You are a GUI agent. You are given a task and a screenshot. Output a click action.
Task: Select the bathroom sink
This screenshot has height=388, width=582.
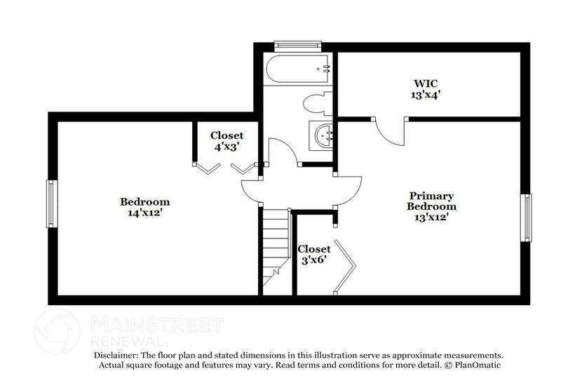point(323,134)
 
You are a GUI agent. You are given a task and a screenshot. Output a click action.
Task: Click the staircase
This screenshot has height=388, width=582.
point(276,249)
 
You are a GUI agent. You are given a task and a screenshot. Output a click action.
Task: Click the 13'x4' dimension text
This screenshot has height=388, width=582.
point(426,93)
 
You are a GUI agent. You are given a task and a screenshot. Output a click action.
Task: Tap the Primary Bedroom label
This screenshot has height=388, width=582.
point(431,201)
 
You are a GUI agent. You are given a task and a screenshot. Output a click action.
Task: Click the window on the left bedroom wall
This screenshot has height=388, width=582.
point(51,203)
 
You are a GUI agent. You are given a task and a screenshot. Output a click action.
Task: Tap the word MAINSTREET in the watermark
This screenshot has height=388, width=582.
point(157,324)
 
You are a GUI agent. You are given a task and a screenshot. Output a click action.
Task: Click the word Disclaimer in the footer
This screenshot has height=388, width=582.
point(116,356)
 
